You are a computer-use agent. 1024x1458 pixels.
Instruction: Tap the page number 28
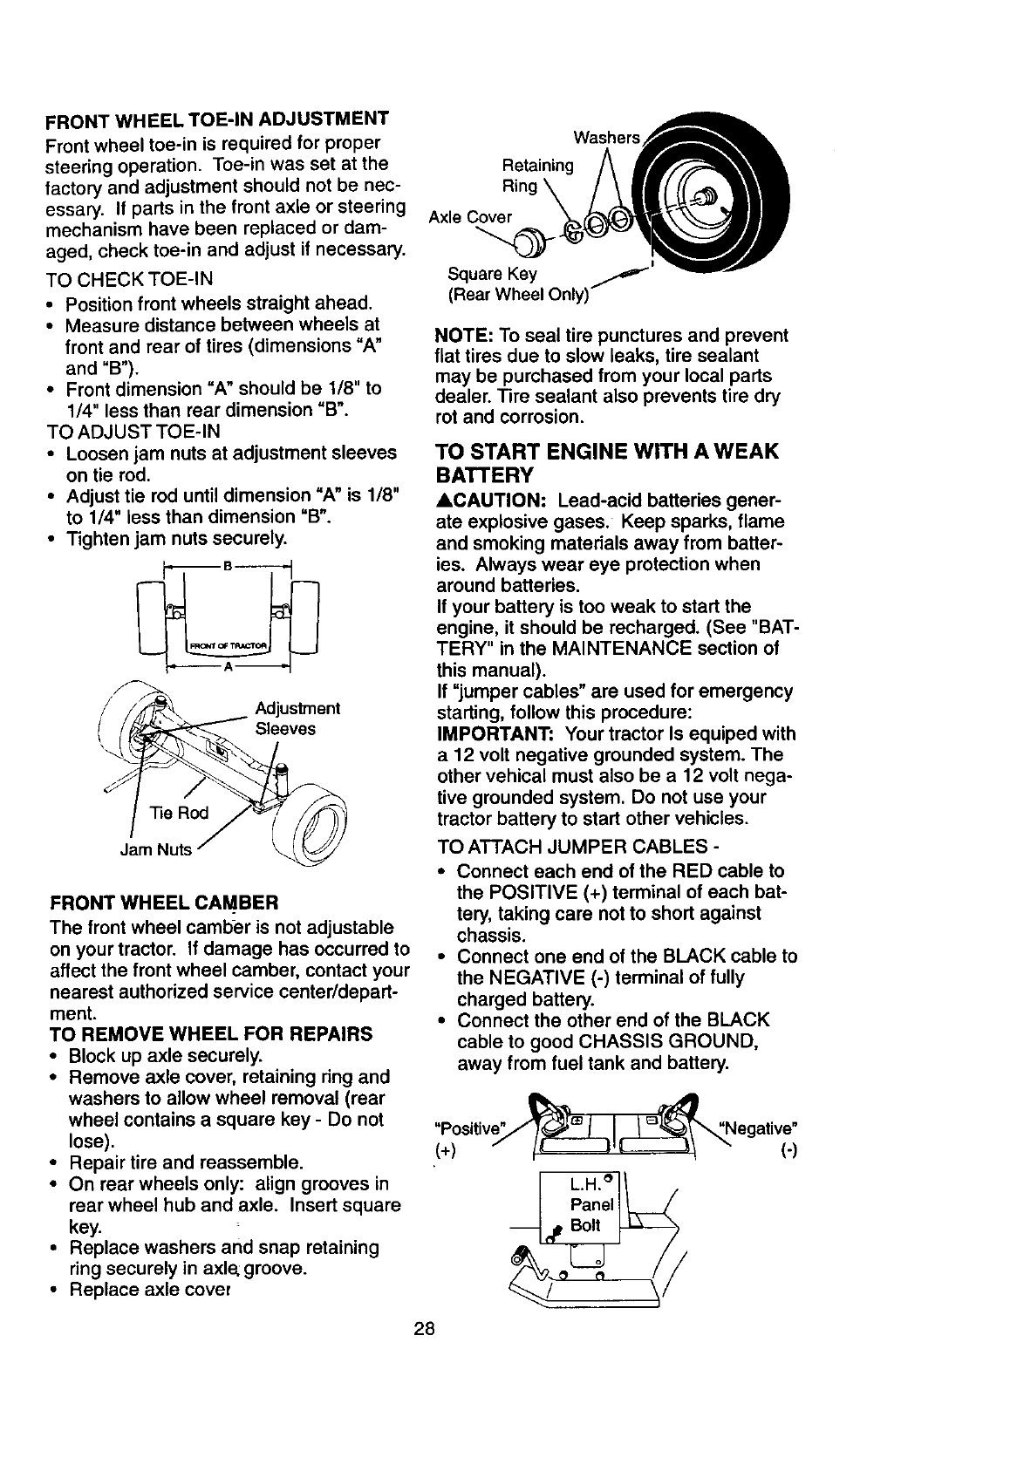426,1329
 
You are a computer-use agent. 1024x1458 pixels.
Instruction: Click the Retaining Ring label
538,175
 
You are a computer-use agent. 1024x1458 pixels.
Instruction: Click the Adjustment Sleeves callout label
297,718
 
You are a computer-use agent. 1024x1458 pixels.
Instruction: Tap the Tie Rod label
179,813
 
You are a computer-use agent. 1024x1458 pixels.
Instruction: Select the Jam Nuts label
155,849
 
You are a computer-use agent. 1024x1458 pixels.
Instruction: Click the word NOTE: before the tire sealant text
465,336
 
